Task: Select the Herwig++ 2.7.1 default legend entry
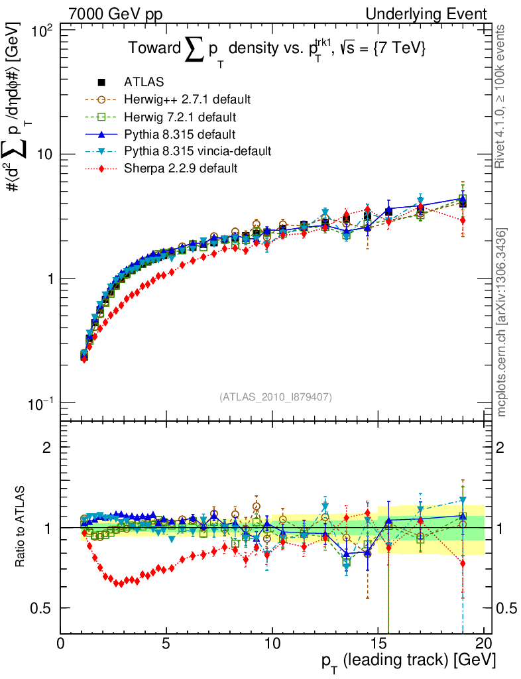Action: pos(187,99)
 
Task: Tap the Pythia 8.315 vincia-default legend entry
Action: pos(198,151)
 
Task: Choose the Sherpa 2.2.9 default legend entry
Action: pos(180,168)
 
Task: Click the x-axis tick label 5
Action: pos(166,644)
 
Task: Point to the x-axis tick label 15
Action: pos(378,644)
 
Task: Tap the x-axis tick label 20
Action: pos(484,644)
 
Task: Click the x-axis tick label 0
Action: pos(61,644)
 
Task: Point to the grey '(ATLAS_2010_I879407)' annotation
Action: pos(276,397)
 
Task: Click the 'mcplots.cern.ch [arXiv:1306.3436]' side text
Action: pos(502,322)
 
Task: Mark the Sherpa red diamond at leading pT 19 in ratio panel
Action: pos(463,564)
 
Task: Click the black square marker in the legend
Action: pos(101,82)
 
